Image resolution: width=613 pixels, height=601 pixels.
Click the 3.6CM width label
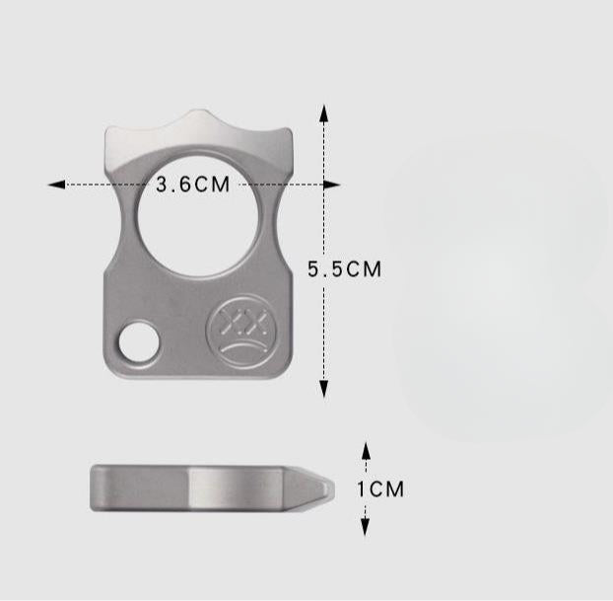(x=193, y=185)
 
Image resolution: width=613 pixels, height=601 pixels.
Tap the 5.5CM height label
(x=344, y=268)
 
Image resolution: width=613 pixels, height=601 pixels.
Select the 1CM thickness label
(x=380, y=488)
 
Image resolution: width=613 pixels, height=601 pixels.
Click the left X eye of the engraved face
(x=226, y=320)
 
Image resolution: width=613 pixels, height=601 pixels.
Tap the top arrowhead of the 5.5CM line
(x=323, y=108)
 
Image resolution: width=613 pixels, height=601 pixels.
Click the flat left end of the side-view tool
(x=93, y=488)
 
